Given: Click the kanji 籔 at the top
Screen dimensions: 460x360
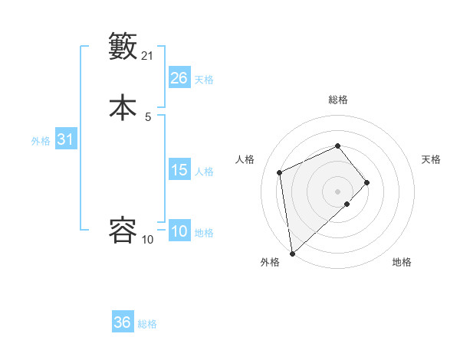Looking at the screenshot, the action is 123,46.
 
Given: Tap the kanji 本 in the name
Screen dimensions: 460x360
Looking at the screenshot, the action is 123,106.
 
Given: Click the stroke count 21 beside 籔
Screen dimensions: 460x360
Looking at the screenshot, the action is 148,55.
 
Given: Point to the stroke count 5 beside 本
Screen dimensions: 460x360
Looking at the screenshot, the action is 148,116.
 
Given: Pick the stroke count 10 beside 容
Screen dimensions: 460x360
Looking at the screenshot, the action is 148,239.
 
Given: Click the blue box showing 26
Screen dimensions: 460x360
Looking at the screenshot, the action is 179,78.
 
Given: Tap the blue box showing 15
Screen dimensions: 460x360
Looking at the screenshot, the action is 179,170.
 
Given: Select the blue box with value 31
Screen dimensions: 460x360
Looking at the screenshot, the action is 66,140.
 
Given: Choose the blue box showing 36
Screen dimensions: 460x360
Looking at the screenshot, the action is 123,322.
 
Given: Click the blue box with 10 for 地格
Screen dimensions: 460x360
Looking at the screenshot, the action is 179,231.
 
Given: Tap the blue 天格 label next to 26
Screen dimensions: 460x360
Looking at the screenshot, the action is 204,80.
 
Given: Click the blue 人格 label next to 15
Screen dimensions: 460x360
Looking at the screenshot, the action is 204,172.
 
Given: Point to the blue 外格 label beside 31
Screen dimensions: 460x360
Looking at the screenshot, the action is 41,141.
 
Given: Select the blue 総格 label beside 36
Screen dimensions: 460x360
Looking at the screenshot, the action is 147,324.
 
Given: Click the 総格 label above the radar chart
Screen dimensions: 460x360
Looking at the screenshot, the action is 337,100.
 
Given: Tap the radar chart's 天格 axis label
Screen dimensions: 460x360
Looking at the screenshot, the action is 431,159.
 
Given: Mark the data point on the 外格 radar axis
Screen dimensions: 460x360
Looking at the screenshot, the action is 292,253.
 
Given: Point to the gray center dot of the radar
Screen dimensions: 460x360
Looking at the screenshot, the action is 337,190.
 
